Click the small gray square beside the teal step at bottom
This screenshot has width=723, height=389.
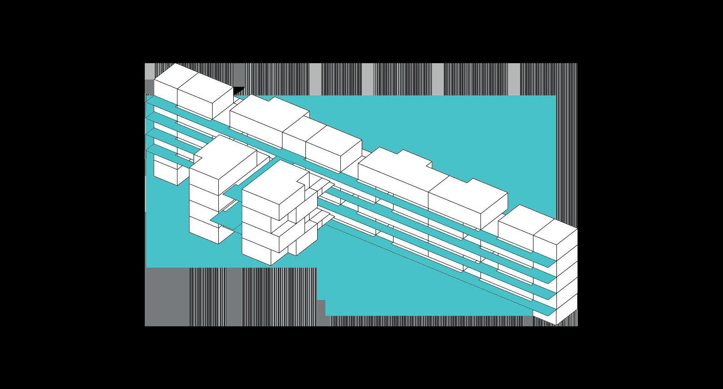point(321,306)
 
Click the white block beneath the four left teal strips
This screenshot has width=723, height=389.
point(166,170)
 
